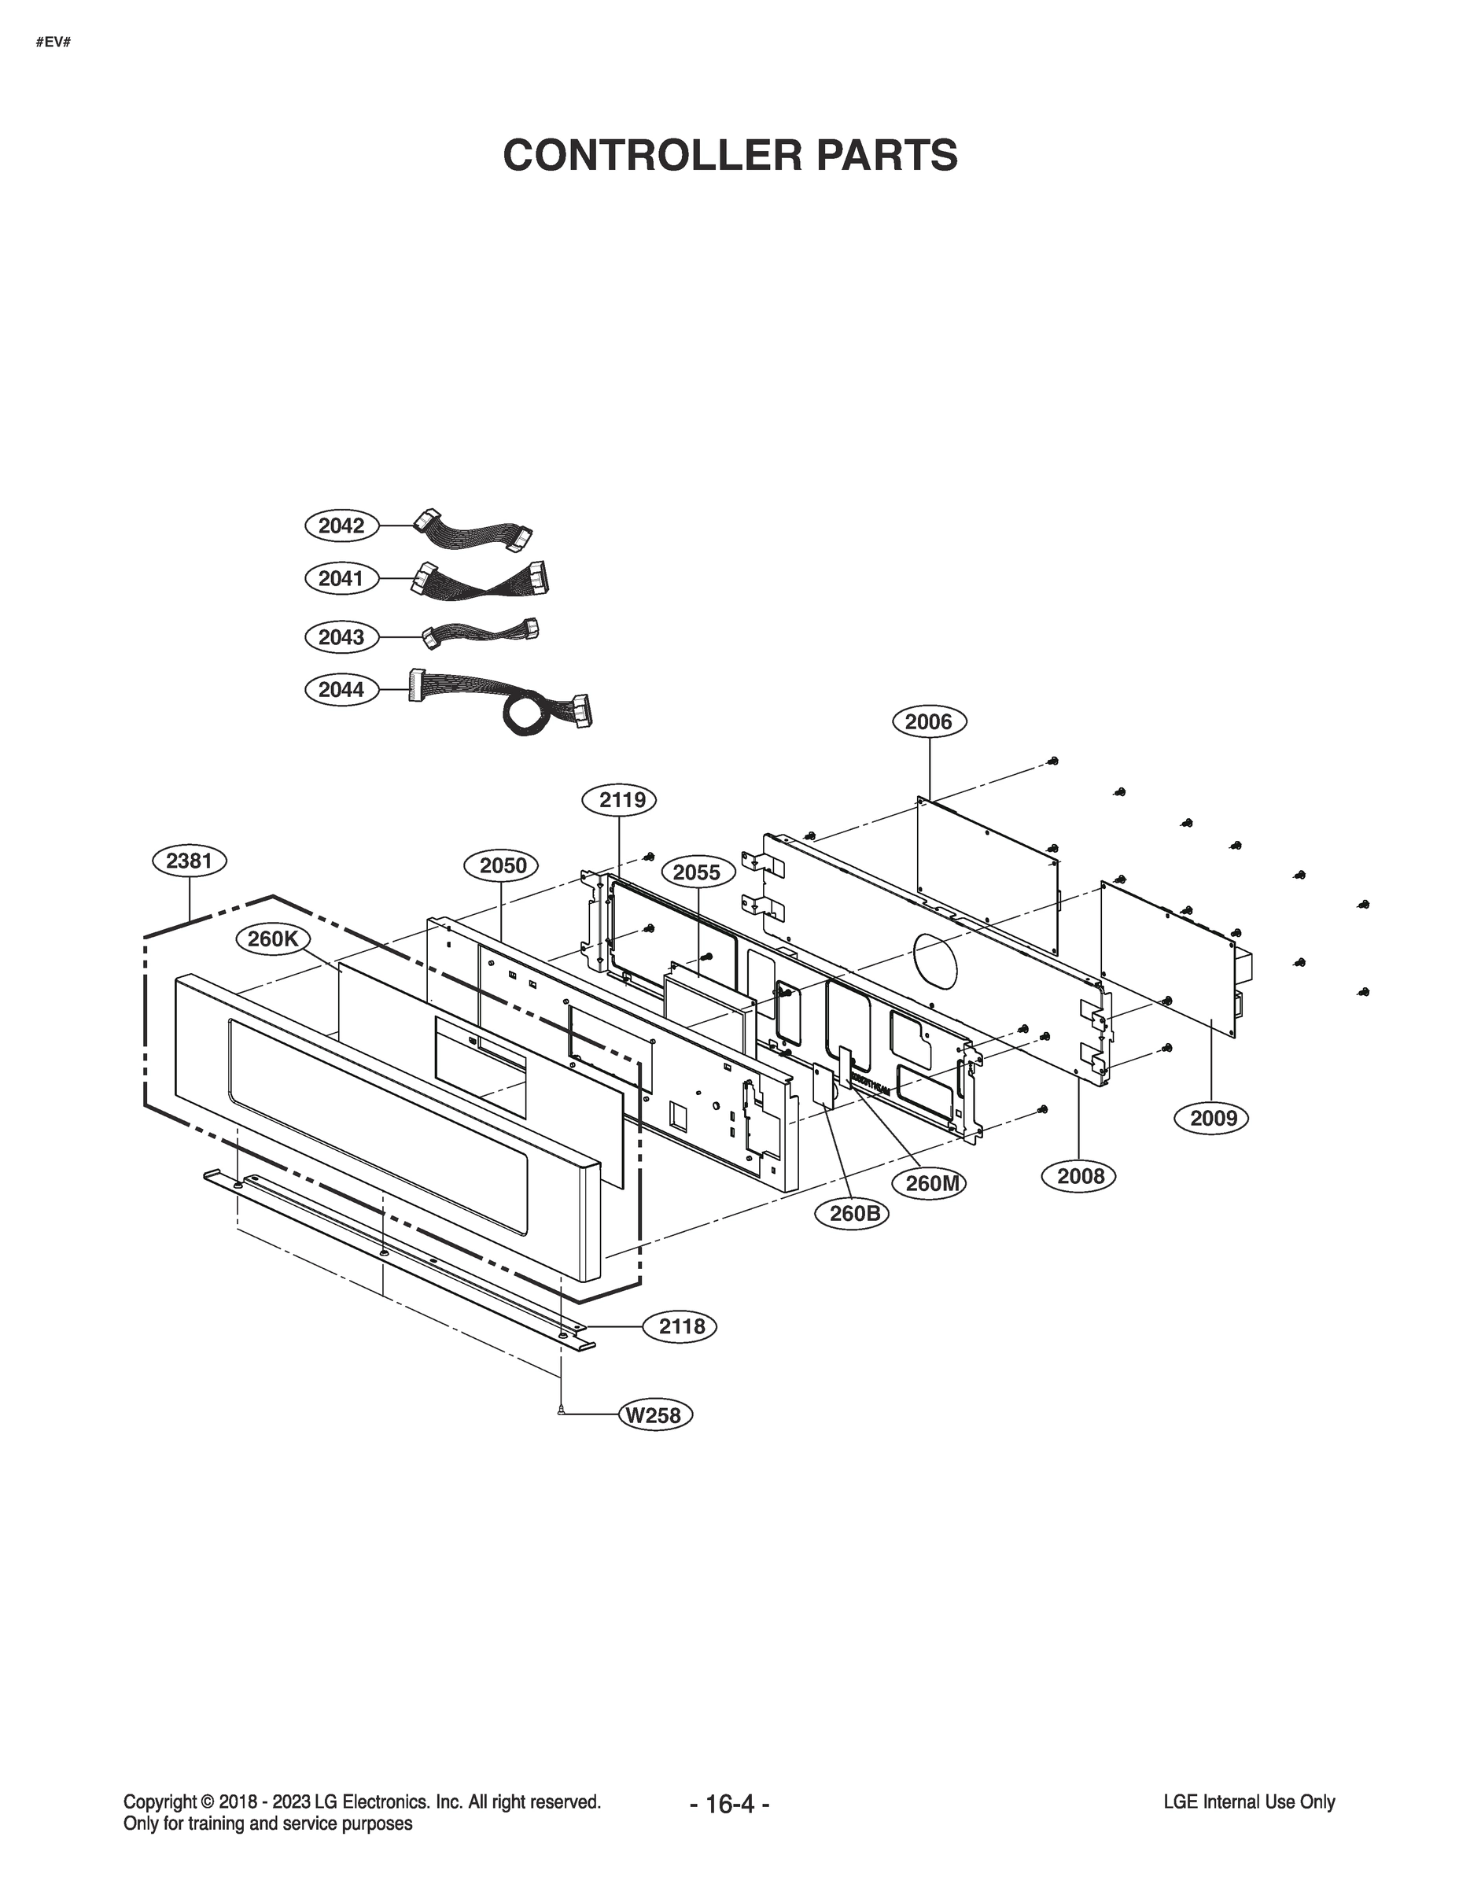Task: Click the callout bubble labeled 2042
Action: (x=341, y=525)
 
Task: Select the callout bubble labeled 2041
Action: (x=341, y=578)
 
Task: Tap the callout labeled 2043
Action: (x=341, y=637)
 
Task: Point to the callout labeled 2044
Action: (x=341, y=689)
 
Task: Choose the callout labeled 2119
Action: (x=622, y=799)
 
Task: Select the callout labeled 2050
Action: (x=502, y=865)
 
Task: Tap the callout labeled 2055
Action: (x=696, y=872)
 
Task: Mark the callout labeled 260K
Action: (x=272, y=938)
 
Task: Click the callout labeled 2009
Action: (x=1214, y=1118)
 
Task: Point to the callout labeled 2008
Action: (x=1081, y=1176)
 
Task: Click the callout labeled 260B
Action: (x=854, y=1214)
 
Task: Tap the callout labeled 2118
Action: (x=681, y=1326)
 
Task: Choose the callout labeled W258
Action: (x=654, y=1415)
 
